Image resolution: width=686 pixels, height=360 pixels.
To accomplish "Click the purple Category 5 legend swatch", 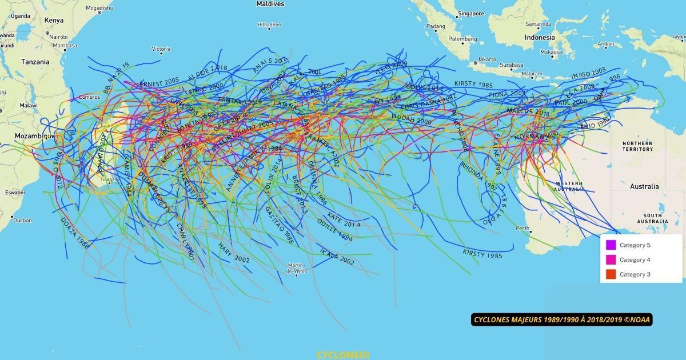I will click(x=611, y=245).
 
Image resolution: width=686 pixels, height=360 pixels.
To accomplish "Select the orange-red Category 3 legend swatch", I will click(x=611, y=274).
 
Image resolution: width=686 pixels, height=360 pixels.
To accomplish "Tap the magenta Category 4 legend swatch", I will click(x=611, y=260).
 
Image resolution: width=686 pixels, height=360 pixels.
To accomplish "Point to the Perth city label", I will click(x=523, y=228).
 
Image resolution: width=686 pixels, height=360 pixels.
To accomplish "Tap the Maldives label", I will click(x=270, y=4).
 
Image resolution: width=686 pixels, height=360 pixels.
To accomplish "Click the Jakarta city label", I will click(x=487, y=59).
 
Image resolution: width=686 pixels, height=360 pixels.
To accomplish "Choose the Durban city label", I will click(x=23, y=220).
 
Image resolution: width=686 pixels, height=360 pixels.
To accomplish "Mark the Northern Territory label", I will click(x=637, y=146).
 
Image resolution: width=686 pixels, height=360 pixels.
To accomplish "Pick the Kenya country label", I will click(x=54, y=20).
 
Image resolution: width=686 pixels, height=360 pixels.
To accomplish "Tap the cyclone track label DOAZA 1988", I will click(x=75, y=233).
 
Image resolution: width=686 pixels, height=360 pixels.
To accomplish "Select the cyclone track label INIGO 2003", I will click(x=588, y=74).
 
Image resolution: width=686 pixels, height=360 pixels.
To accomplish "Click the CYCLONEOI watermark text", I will click(x=342, y=355).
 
